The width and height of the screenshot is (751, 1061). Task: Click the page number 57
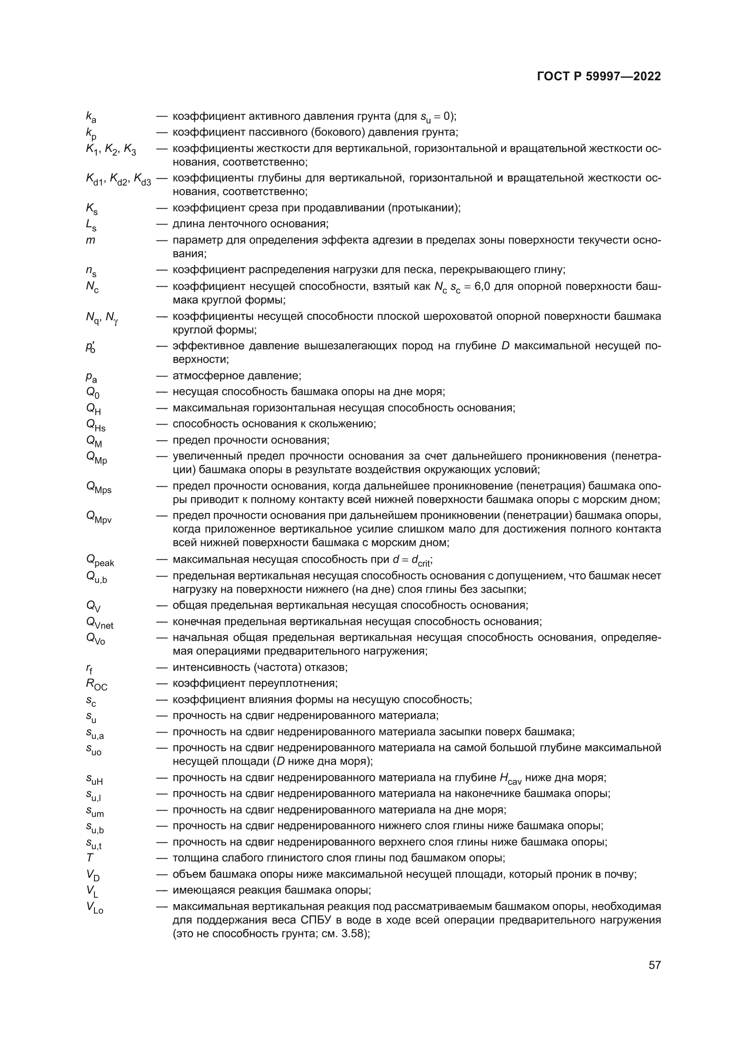[x=654, y=965]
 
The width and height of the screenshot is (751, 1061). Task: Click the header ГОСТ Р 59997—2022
[x=599, y=77]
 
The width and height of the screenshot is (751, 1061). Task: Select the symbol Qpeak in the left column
[x=100, y=561]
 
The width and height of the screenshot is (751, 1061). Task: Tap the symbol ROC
[x=96, y=685]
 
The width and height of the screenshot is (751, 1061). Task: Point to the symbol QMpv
[x=99, y=517]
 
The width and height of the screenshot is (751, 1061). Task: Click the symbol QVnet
[x=99, y=623]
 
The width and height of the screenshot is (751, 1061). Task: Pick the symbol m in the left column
[x=90, y=240]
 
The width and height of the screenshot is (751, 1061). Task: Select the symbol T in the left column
[x=90, y=858]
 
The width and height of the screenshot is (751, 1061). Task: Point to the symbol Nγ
[x=111, y=318]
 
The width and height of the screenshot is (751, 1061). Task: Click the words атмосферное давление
[x=236, y=376]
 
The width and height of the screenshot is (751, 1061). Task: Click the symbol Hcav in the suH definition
[x=510, y=778]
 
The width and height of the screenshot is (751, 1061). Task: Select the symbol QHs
[x=95, y=425]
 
